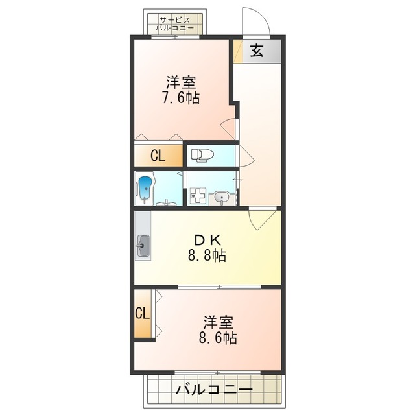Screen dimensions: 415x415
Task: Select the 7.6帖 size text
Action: tap(180, 98)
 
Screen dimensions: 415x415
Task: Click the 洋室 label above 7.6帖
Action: tap(180, 83)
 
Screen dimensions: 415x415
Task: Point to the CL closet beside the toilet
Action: tap(158, 156)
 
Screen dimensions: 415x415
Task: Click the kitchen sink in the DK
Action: tap(143, 246)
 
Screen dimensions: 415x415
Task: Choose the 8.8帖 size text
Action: tap(207, 255)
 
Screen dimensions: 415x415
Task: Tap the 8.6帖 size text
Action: tap(217, 338)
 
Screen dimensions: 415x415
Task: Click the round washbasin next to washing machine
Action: tap(222, 197)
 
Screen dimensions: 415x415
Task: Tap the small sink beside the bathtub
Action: tap(167, 202)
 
